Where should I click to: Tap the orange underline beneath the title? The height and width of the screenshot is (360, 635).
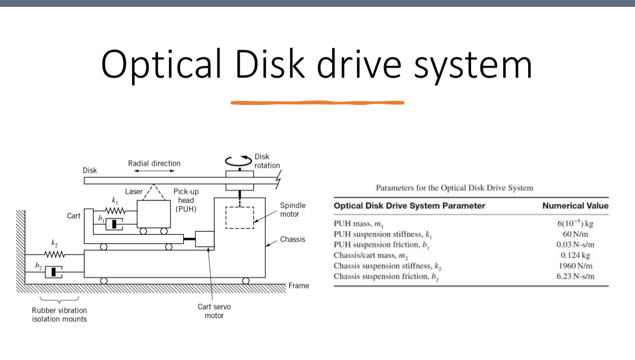pyautogui.click(x=317, y=103)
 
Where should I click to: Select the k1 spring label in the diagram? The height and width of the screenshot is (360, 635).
pyautogui.click(x=115, y=201)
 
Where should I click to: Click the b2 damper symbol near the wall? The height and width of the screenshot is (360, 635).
pyautogui.click(x=53, y=272)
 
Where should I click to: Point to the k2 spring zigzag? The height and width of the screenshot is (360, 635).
pyautogui.click(x=55, y=255)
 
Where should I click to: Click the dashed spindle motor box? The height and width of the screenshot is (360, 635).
pyautogui.click(x=239, y=218)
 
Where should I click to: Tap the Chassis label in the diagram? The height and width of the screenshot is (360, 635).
pyautogui.click(x=292, y=239)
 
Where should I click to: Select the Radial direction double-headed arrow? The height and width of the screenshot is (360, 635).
pyautogui.click(x=154, y=171)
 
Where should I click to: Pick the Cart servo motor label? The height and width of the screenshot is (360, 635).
pyautogui.click(x=214, y=311)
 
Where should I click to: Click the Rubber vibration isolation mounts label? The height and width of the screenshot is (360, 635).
pyautogui.click(x=59, y=315)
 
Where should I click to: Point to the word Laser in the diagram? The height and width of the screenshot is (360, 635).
pyautogui.click(x=133, y=192)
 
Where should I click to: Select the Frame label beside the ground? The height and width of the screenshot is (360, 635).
pyautogui.click(x=299, y=286)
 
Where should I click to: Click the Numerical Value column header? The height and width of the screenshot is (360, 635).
pyautogui.click(x=575, y=206)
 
